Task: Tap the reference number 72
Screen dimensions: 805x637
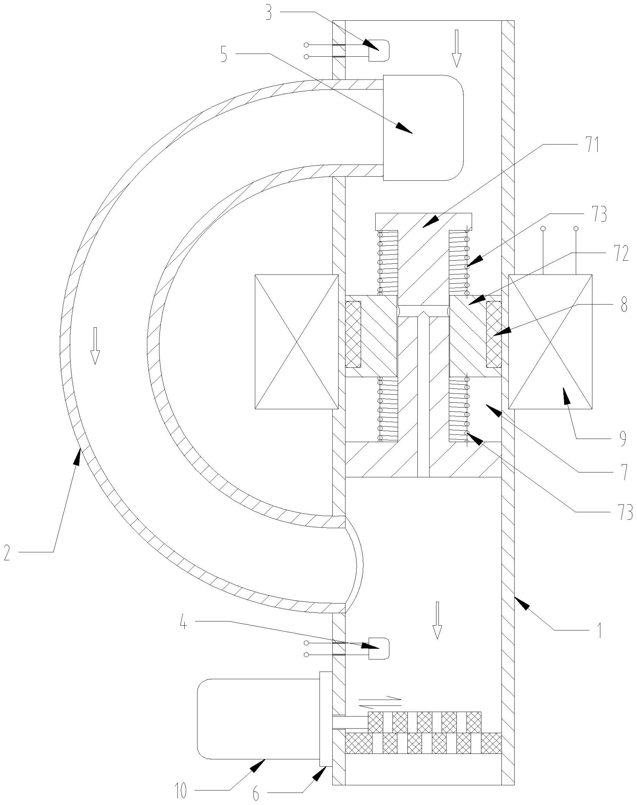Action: point(620,254)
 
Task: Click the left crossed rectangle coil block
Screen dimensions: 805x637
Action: point(296,342)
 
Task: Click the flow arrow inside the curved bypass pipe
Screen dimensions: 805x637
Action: point(95,345)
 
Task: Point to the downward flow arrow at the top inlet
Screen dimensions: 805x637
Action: point(456,48)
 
